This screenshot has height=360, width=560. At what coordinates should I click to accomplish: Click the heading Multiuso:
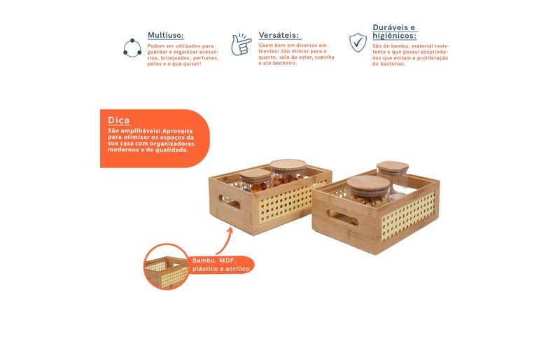(x=166, y=36)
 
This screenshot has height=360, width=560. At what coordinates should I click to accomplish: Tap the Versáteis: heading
(x=279, y=35)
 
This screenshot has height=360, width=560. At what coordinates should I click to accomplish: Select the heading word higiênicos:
(x=394, y=36)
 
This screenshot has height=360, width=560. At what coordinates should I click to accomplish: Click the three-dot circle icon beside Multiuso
(x=132, y=48)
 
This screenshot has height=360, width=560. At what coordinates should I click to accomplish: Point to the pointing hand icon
(x=241, y=44)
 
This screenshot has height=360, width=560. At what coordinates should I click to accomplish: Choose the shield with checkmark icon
(x=358, y=43)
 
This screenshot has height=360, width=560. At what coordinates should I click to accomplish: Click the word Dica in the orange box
(x=118, y=120)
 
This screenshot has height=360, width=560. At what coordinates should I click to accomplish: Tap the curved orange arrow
(x=225, y=242)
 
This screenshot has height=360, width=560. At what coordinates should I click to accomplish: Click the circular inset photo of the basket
(x=166, y=266)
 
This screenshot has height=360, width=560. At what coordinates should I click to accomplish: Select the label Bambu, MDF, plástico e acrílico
(x=220, y=265)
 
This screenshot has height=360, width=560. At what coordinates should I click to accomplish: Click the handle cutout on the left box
(x=230, y=202)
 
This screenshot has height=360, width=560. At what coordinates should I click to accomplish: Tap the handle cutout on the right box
(x=342, y=218)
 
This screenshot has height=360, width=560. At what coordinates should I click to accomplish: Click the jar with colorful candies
(x=255, y=181)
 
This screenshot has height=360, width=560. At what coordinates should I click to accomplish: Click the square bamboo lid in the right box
(x=393, y=167)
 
